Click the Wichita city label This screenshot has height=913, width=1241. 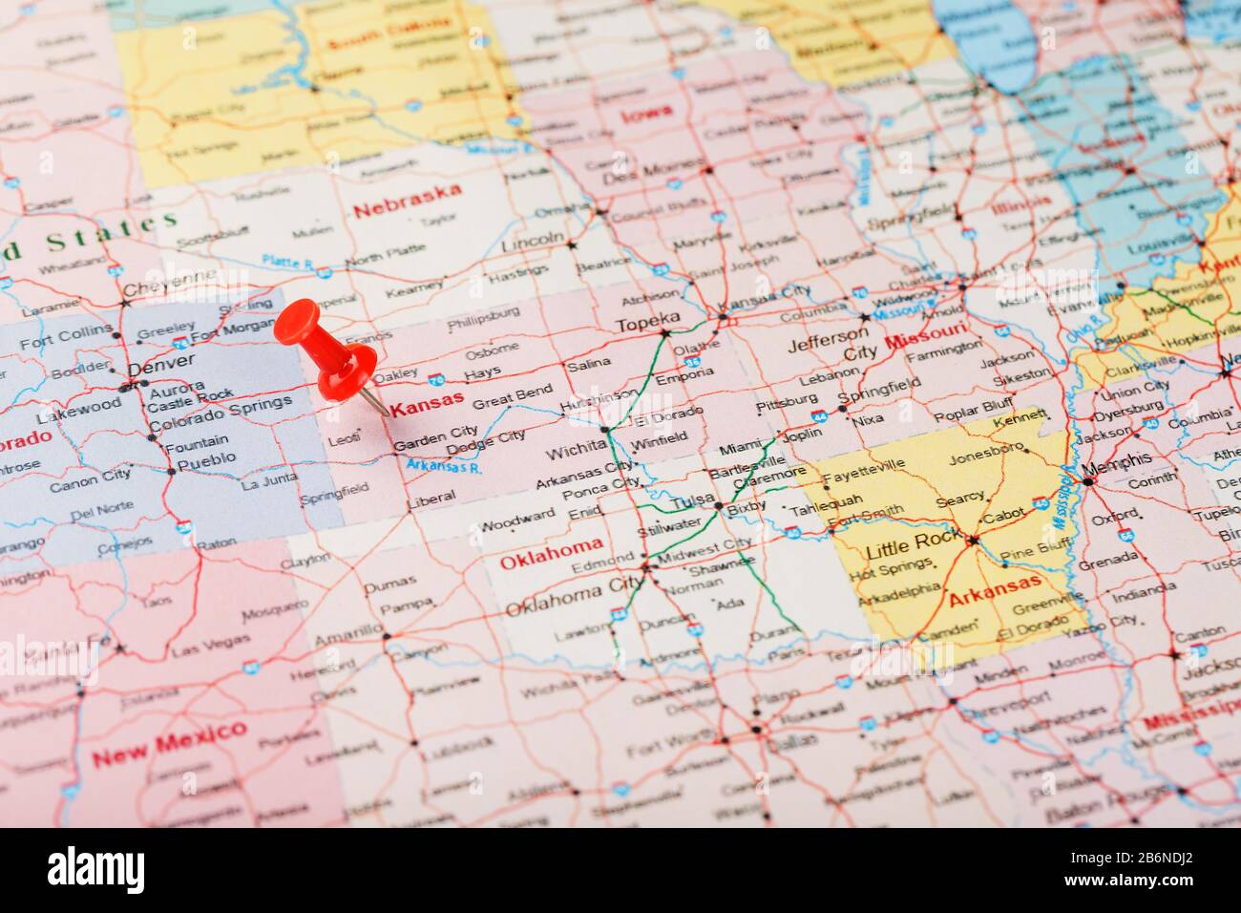pyautogui.click(x=574, y=450)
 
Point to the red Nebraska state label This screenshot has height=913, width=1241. pyautogui.click(x=408, y=201)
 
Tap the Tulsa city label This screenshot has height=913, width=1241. pyautogui.click(x=694, y=503)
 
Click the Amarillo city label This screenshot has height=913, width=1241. pyautogui.click(x=347, y=637)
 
